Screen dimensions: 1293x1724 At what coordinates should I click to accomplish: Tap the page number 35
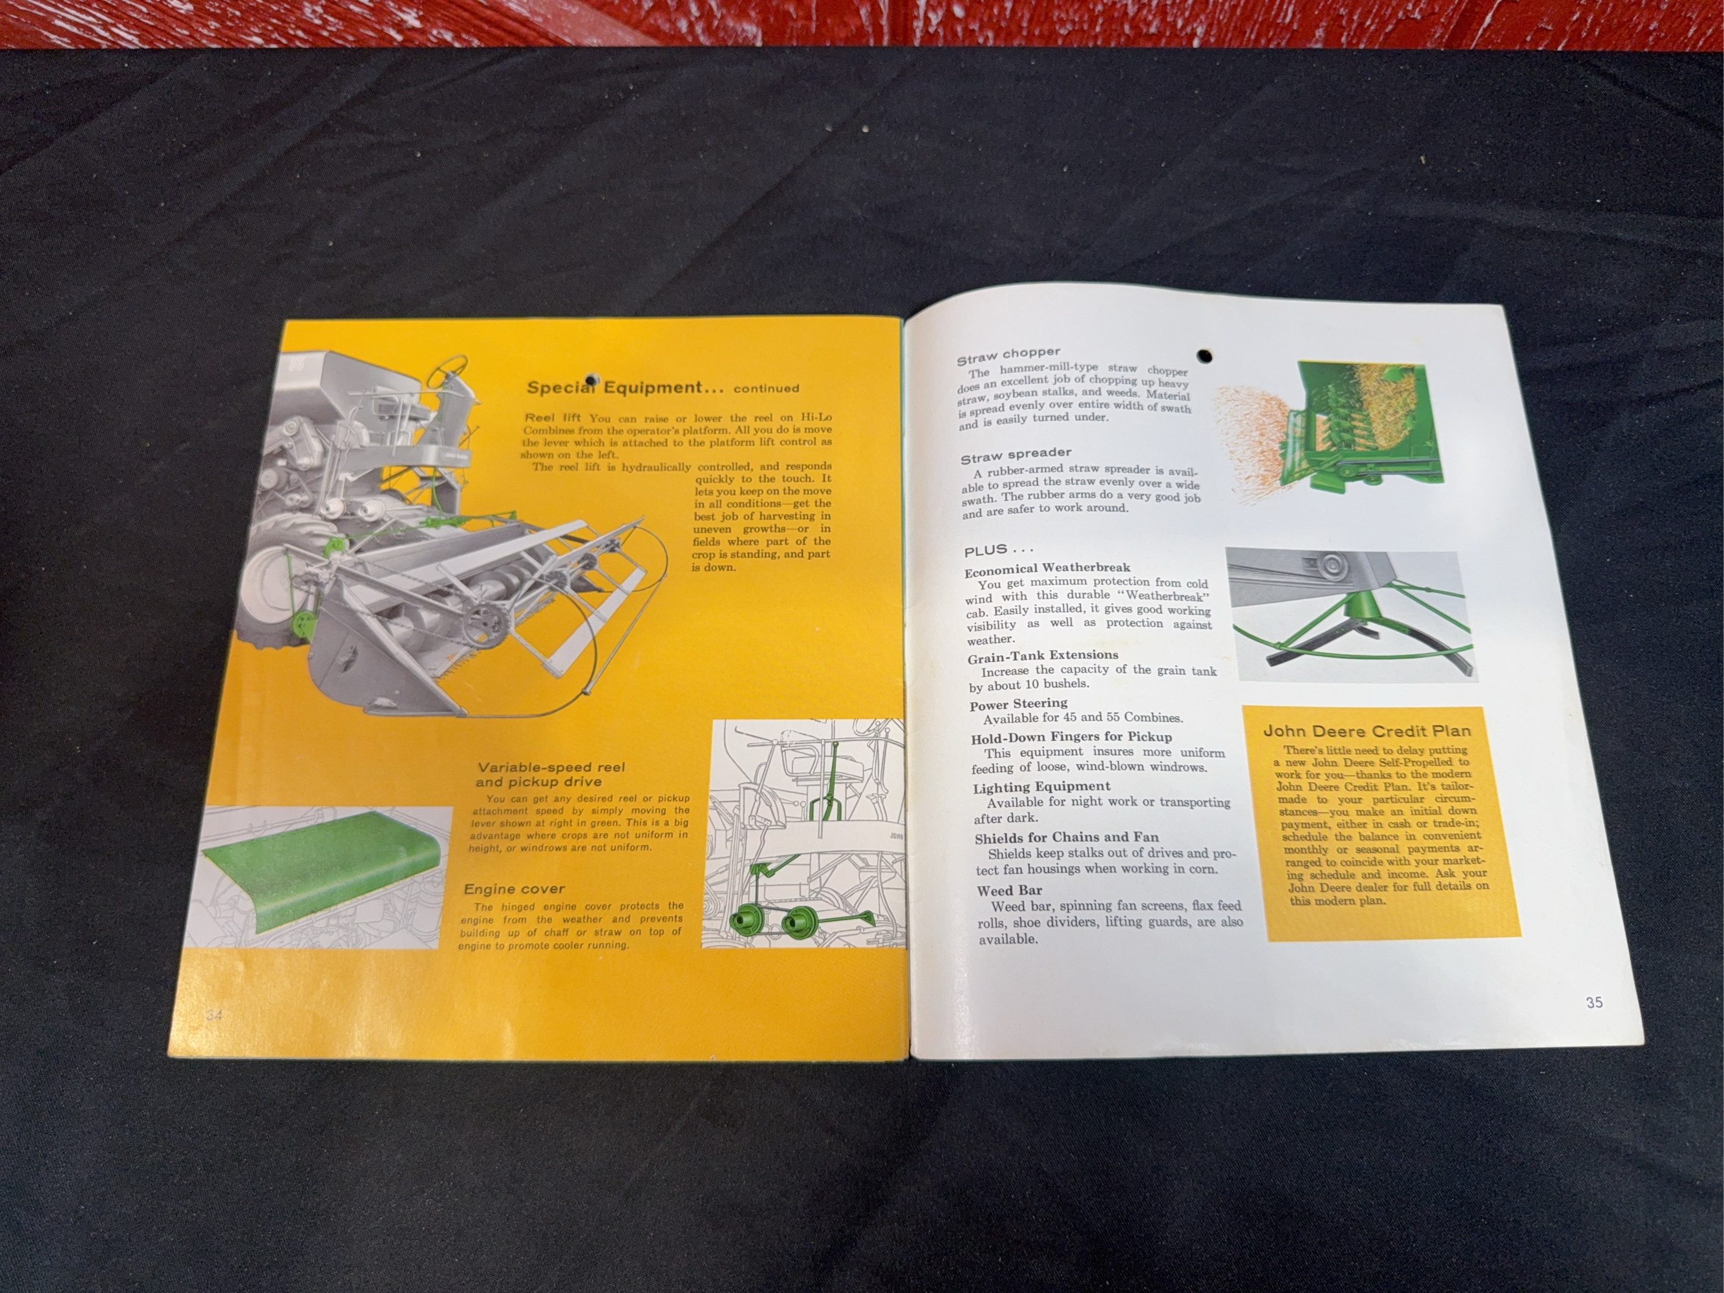(x=1594, y=1002)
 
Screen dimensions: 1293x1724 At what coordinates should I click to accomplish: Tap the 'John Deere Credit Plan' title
(x=1367, y=731)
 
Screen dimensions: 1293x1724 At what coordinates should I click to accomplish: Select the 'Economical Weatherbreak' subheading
(x=1047, y=568)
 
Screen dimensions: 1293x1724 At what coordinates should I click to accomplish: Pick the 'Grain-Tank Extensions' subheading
(x=1043, y=656)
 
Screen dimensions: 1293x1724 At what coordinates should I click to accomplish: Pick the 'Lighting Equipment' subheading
(x=1041, y=787)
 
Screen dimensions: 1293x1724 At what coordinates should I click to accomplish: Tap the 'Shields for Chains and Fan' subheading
(x=1066, y=838)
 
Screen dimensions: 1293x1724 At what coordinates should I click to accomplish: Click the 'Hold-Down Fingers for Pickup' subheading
(x=1071, y=737)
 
